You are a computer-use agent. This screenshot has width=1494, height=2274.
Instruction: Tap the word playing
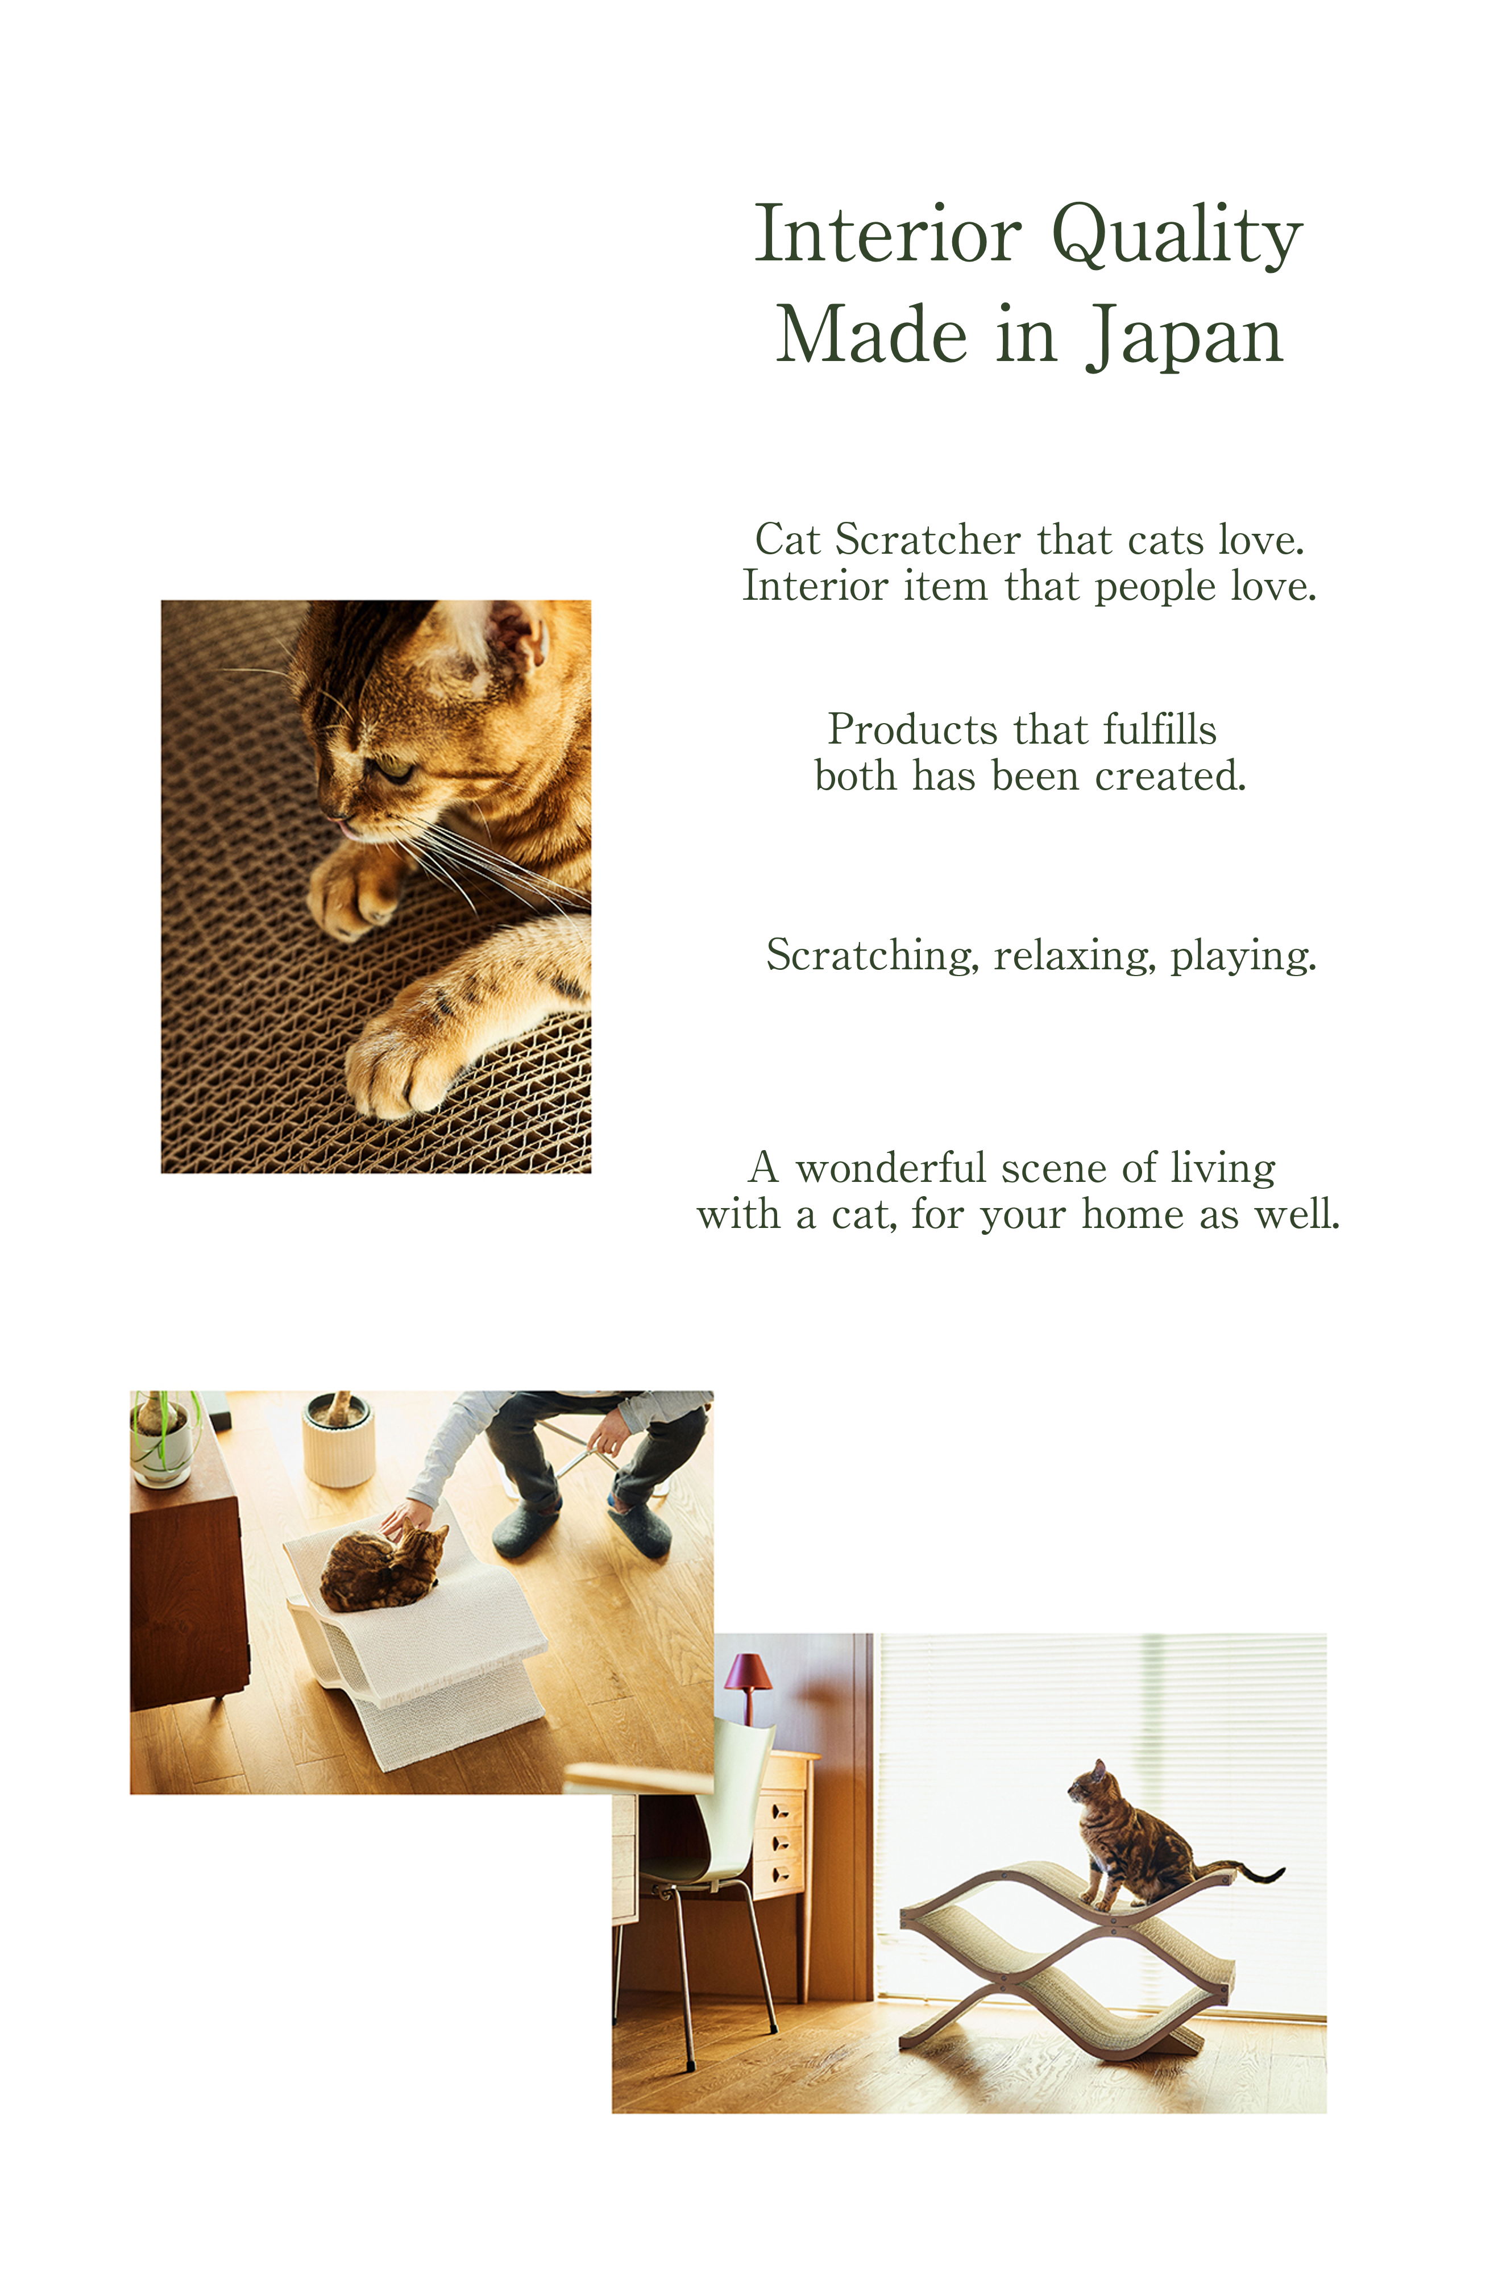tap(1244, 956)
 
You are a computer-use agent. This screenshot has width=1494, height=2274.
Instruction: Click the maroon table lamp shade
tap(748, 1671)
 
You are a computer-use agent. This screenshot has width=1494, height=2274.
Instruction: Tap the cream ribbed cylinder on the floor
tap(338, 1440)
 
